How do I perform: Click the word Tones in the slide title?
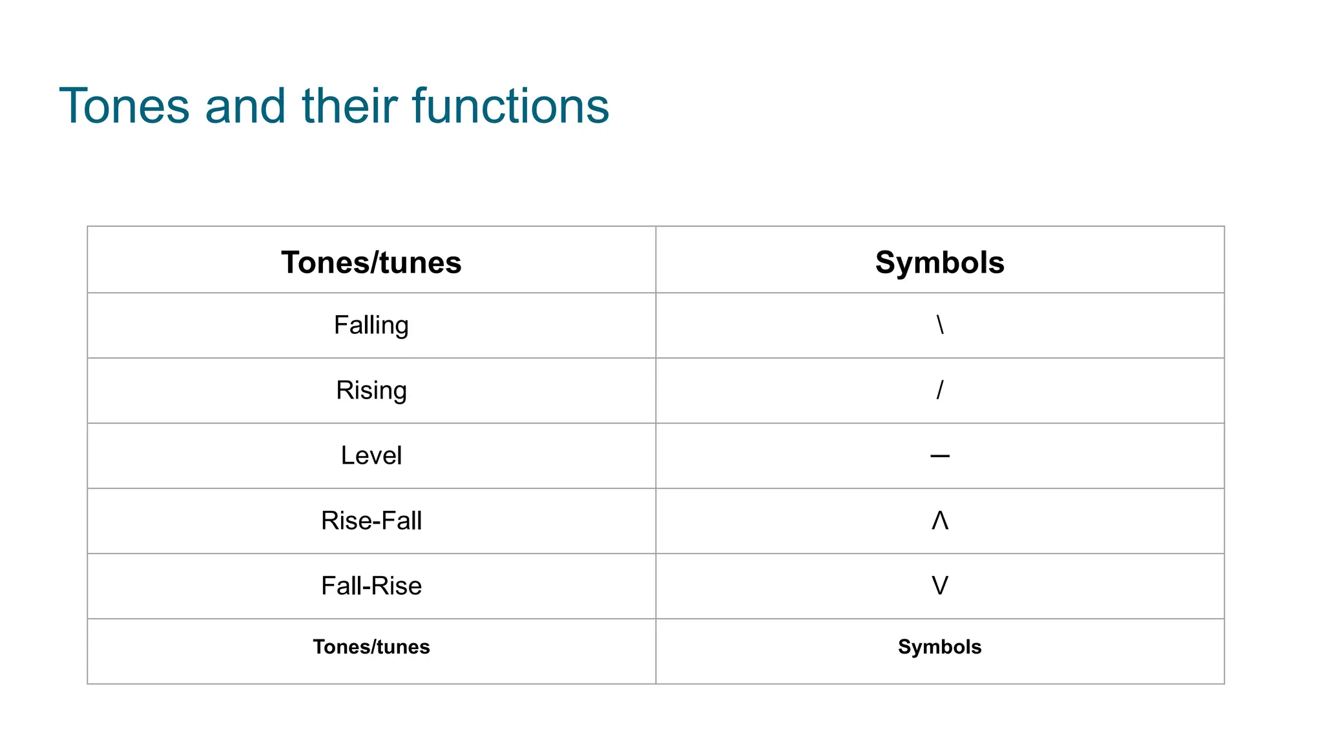point(124,106)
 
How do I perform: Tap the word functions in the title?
point(510,106)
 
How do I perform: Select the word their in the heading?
point(349,106)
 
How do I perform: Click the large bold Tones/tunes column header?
point(371,262)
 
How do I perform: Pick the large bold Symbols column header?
point(940,262)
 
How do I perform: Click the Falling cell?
point(371,325)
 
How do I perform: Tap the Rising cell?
point(371,390)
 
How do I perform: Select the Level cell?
point(371,455)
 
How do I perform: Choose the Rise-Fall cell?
point(371,521)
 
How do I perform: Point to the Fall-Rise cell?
point(371,586)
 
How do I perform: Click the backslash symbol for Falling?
point(940,324)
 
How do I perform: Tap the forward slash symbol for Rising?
point(940,389)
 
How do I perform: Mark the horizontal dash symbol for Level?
point(940,456)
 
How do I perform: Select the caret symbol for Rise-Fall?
point(940,520)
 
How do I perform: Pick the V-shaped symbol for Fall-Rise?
point(940,585)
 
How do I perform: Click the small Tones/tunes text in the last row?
point(371,646)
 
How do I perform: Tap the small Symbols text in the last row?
point(940,646)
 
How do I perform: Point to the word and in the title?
point(245,106)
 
